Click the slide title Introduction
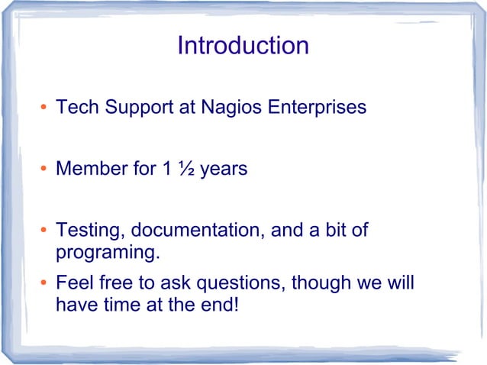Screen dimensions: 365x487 click(243, 46)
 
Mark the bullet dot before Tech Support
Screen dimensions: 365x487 click(44, 108)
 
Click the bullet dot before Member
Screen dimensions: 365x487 click(44, 170)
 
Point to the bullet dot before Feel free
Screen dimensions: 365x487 click(44, 284)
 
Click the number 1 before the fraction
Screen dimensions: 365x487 click(166, 169)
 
